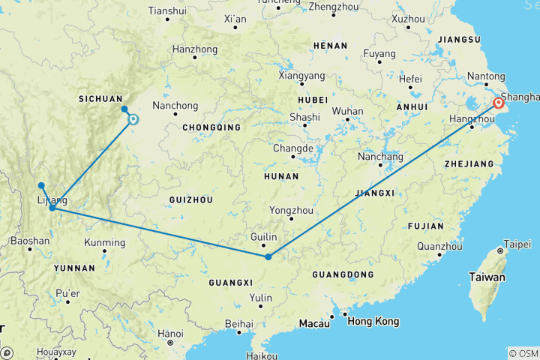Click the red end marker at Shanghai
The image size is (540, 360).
(497, 103)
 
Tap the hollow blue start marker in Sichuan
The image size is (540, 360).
(133, 118)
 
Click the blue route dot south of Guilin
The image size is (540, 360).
(268, 257)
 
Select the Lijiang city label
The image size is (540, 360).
(51, 200)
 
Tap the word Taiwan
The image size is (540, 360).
(487, 277)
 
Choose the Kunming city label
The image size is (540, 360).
(105, 242)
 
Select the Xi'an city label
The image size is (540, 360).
(235, 18)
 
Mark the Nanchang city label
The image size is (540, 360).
(380, 157)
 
